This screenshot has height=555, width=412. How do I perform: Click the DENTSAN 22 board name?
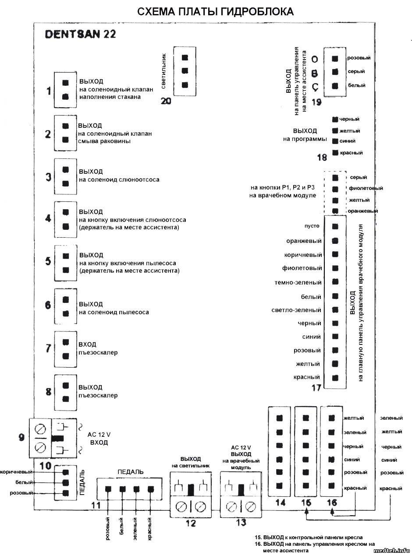tap(81, 35)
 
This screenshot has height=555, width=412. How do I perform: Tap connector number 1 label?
tap(49, 91)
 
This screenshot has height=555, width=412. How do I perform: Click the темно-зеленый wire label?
tap(298, 283)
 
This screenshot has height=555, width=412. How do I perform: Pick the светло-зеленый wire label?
tap(296, 310)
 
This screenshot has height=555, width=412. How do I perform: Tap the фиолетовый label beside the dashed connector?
tap(366, 188)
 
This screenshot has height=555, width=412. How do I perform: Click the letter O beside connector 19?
tap(314, 59)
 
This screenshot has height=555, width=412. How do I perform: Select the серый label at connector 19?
tap(356, 71)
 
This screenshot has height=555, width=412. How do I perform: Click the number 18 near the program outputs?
tap(323, 157)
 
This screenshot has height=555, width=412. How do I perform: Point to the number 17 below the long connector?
tap(316, 387)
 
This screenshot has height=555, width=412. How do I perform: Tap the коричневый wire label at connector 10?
tap(17, 472)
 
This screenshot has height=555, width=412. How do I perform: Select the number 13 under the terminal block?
tap(241, 523)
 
